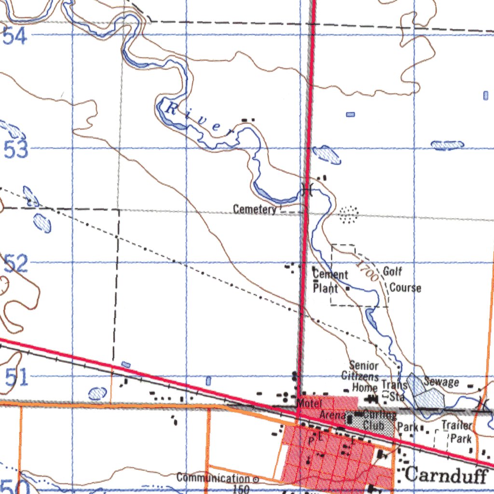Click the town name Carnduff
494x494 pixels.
446,475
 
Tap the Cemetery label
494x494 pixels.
254,209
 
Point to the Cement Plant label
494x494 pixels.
330,281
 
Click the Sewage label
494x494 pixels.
441,382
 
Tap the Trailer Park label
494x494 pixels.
456,432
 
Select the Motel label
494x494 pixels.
309,403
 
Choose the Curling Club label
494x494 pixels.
379,420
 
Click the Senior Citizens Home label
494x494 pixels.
362,376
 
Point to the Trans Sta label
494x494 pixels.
394,391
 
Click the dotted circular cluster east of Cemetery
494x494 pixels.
348,214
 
